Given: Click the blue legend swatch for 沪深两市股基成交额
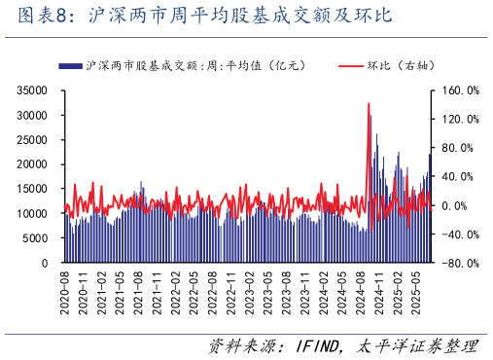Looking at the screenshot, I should click(x=70, y=66).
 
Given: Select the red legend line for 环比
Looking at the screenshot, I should click(x=351, y=66).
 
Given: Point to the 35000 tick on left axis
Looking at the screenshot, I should click(x=33, y=90).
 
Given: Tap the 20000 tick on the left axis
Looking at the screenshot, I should click(x=33, y=164).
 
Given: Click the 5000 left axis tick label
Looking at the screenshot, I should click(x=36, y=238).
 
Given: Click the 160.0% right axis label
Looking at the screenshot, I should click(x=459, y=90).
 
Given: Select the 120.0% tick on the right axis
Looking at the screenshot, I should click(x=459, y=119).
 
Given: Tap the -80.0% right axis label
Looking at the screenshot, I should click(x=459, y=263).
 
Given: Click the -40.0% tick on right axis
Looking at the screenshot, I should click(x=459, y=234).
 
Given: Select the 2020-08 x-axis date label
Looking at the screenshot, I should click(x=65, y=288).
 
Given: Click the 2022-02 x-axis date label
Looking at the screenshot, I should click(x=176, y=288).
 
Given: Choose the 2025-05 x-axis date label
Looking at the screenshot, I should click(x=415, y=288).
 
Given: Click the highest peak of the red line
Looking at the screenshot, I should click(x=369, y=103).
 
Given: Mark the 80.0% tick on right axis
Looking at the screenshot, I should click(x=461, y=148).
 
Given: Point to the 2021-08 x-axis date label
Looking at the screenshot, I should click(x=139, y=288).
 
